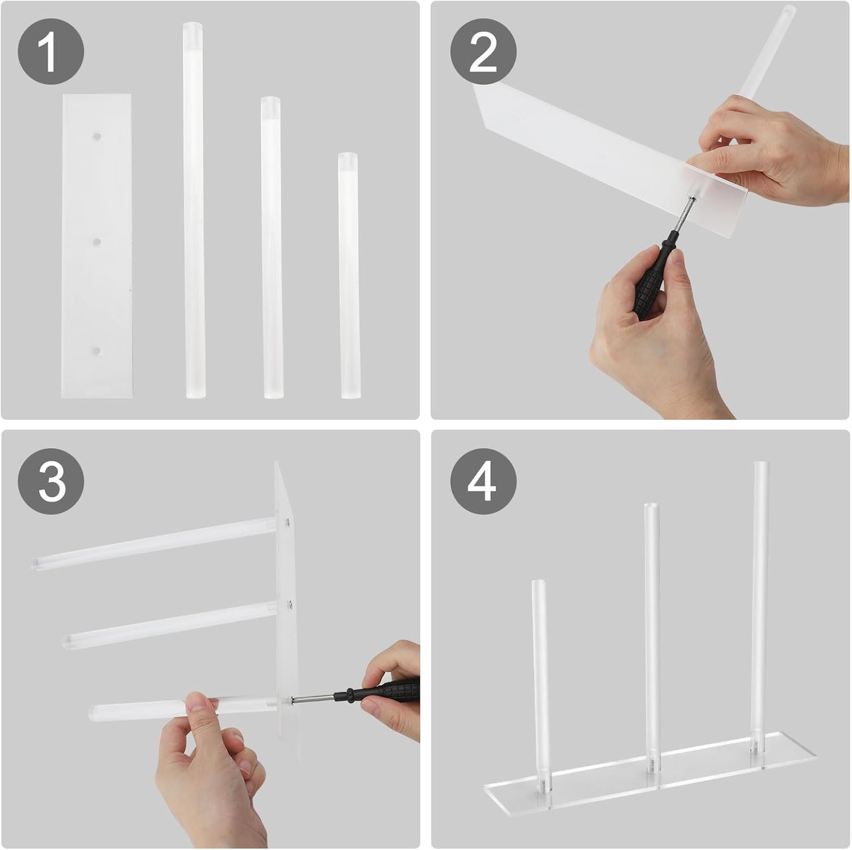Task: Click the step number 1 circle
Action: [51, 52]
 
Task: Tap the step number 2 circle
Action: [483, 52]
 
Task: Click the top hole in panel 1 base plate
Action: [98, 137]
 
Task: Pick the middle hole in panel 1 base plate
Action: [97, 242]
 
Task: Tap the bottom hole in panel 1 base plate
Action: [97, 351]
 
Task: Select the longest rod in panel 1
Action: [193, 210]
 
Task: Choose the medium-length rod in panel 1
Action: [271, 247]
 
